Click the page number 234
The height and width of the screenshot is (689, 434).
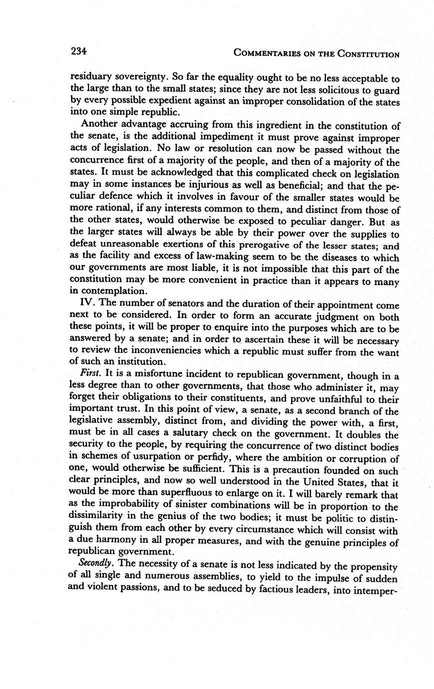[x=79, y=51]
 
